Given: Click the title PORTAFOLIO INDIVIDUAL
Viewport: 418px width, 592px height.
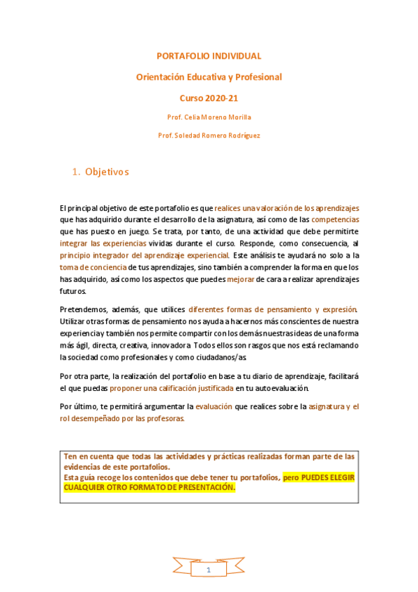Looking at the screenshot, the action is [x=209, y=56].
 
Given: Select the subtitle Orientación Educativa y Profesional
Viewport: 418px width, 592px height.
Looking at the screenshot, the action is [x=209, y=77].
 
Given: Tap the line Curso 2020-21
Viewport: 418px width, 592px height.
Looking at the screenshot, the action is [x=209, y=98].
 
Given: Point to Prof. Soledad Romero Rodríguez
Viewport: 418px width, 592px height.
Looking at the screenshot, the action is [x=209, y=135].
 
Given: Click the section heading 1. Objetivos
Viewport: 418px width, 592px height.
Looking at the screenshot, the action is [x=101, y=172].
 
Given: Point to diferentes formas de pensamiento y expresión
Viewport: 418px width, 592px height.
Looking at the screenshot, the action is [x=273, y=309].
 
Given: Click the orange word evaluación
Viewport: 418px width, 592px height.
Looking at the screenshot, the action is [x=217, y=406].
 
